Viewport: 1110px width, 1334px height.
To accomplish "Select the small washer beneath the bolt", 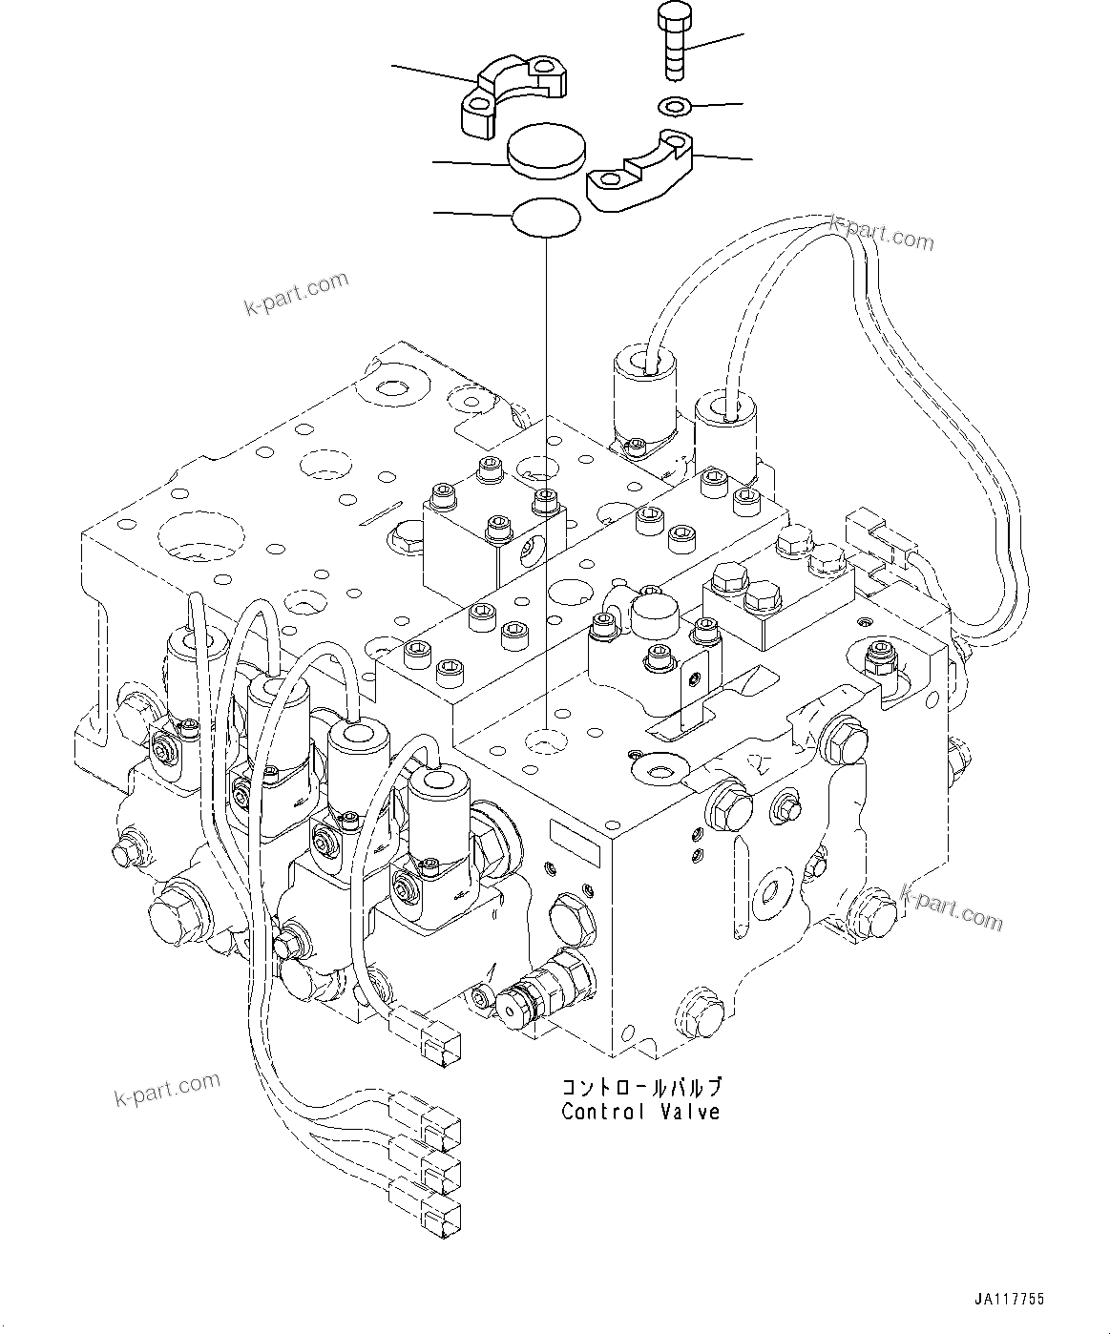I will [674, 103].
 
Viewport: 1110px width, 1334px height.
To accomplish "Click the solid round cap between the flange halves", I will [544, 152].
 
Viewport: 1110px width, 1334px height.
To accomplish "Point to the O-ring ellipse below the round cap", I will [546, 217].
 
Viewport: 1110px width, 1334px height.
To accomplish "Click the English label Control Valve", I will [640, 1112].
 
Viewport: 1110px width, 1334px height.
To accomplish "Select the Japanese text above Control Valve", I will [640, 1087].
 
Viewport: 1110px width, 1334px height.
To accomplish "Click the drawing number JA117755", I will [1010, 1300].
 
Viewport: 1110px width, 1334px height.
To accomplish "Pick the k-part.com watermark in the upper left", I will [297, 294].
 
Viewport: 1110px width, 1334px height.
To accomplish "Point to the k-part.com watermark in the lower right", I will [952, 907].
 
